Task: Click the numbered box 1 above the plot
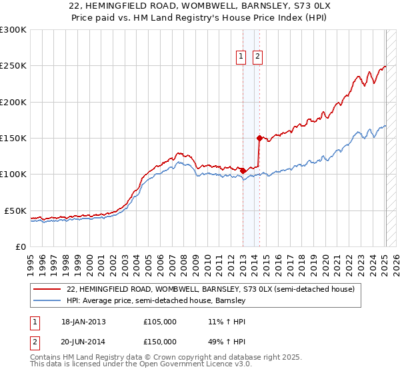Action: pyautogui.click(x=240, y=57)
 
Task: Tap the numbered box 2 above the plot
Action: pyautogui.click(x=257, y=57)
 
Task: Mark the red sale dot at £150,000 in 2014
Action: pyautogui.click(x=259, y=138)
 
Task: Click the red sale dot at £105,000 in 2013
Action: pyautogui.click(x=243, y=171)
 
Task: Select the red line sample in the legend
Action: pyautogui.click(x=47, y=289)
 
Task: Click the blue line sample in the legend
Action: pyautogui.click(x=47, y=300)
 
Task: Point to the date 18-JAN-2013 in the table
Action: pyautogui.click(x=83, y=322)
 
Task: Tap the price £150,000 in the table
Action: pyautogui.click(x=160, y=341)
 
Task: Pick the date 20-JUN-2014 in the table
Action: pyautogui.click(x=83, y=341)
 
